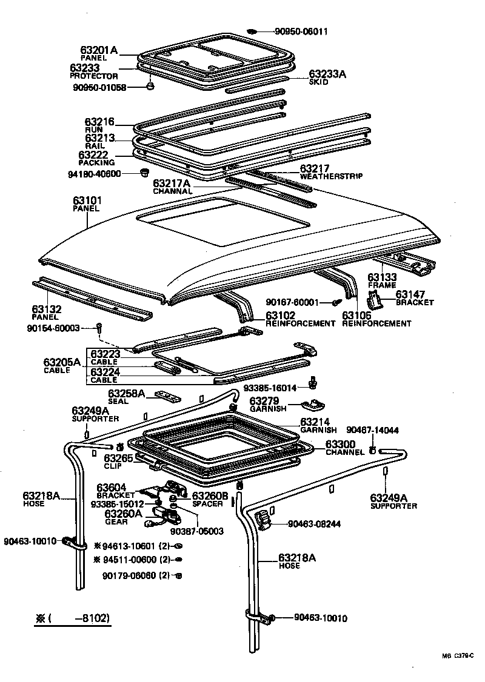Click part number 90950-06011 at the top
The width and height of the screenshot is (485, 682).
pyautogui.click(x=300, y=31)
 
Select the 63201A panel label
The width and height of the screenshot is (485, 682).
pyautogui.click(x=98, y=50)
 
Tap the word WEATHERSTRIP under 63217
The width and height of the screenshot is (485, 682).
pyautogui.click(x=331, y=176)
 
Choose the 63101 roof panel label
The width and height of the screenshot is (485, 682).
pyautogui.click(x=88, y=199)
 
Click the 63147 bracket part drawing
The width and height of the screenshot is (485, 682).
pyautogui.click(x=376, y=299)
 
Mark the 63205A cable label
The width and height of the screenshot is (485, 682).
pyautogui.click(x=61, y=363)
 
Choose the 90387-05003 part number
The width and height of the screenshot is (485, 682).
pyautogui.click(x=197, y=531)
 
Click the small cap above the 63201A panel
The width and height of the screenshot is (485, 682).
pyautogui.click(x=253, y=31)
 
